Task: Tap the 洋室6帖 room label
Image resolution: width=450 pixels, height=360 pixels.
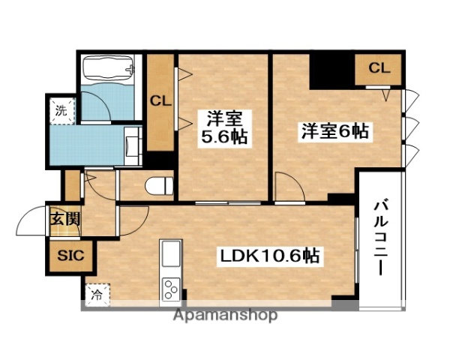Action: (334, 130)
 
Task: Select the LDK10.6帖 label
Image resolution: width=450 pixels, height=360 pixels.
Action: (270, 256)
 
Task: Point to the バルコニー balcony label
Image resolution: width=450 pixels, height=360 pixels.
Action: (380, 237)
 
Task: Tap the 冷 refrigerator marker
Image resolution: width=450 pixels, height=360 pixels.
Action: (96, 295)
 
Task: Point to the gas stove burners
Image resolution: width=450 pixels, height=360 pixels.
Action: (170, 289)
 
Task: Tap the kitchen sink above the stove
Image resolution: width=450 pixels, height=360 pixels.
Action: (170, 254)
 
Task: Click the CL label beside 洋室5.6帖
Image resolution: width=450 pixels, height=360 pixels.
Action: (160, 100)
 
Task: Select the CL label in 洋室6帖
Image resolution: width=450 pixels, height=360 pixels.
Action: (379, 68)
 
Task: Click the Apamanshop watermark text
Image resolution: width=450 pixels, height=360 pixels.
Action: (226, 315)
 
